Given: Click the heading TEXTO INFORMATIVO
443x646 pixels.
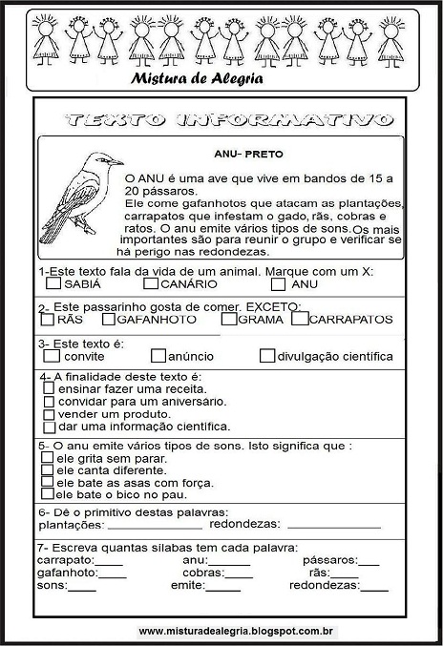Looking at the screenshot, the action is pos(226,120).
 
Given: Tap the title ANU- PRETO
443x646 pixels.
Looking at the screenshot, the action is pos(250,152).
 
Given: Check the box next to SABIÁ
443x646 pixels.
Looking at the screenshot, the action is pos(53,283).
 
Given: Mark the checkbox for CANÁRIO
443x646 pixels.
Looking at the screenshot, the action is pos(150,283).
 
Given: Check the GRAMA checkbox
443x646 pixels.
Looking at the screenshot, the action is pos(229,319).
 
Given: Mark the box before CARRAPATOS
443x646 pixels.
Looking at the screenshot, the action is pos(300,319).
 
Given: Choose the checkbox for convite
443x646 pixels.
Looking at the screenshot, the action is pos(53,356).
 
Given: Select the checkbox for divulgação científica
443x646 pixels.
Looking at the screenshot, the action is pos(267,356).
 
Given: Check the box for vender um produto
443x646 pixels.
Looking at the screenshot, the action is pos(50,414).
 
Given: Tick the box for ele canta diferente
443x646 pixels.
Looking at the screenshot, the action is pos(48,469).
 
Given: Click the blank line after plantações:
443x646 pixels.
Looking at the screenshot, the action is pos(155,525).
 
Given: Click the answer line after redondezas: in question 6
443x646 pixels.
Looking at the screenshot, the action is pos(333,525).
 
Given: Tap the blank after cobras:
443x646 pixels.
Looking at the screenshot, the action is pos(248,573).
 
